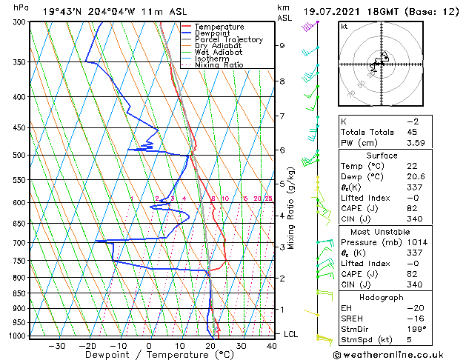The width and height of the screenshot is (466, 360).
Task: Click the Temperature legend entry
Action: (219, 27)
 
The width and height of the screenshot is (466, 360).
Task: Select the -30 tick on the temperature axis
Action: (56, 345)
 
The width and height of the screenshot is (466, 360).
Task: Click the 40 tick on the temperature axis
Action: (271, 345)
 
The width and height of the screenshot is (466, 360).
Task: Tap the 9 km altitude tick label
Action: (282, 45)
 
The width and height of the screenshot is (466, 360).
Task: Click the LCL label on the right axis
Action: (291, 334)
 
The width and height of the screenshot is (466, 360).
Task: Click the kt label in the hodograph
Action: (344, 27)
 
